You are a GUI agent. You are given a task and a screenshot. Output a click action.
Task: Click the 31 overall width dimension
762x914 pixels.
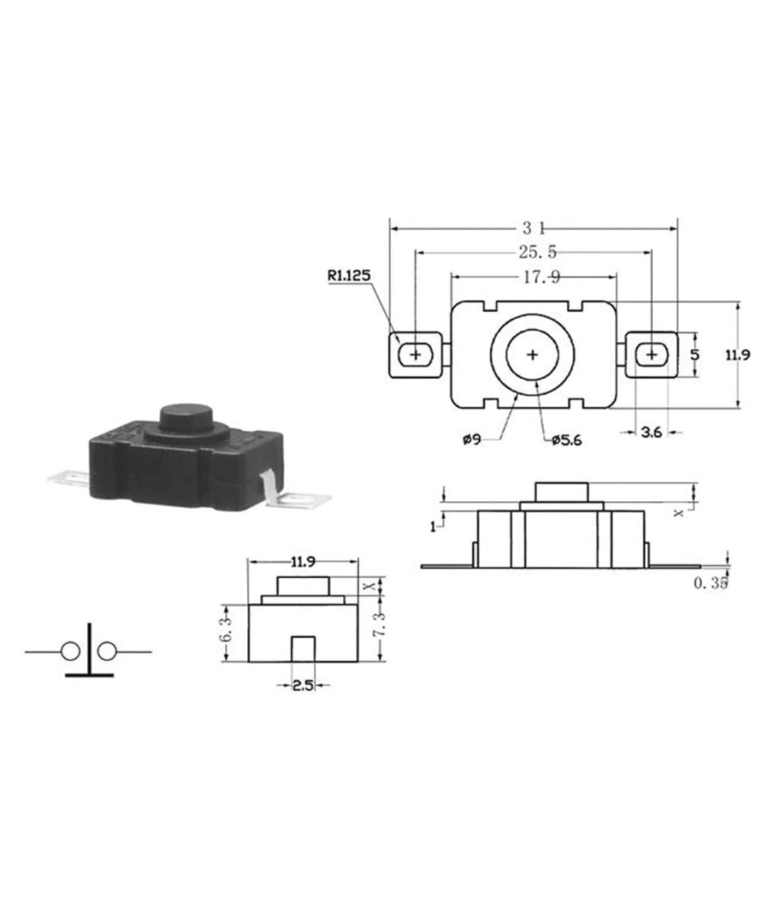tap(533, 228)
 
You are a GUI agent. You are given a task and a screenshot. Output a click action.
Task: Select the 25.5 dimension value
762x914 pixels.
tap(537, 253)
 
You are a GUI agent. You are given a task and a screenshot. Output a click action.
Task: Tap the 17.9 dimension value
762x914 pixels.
tap(541, 278)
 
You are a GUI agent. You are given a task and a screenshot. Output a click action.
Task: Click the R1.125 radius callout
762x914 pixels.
tap(350, 276)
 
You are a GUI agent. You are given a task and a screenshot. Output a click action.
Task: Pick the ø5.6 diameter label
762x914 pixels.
tap(565, 439)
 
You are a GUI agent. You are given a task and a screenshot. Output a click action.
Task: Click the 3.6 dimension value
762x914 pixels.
tap(651, 433)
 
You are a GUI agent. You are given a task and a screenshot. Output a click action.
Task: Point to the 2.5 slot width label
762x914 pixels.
tap(303, 685)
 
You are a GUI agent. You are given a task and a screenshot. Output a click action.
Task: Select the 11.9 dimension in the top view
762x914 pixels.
tap(737, 354)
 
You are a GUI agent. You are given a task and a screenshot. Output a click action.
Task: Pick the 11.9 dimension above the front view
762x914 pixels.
tap(303, 563)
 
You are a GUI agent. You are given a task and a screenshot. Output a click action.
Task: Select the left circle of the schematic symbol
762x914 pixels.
tap(70, 652)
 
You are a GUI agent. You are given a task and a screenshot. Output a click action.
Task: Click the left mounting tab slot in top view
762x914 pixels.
tap(416, 355)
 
